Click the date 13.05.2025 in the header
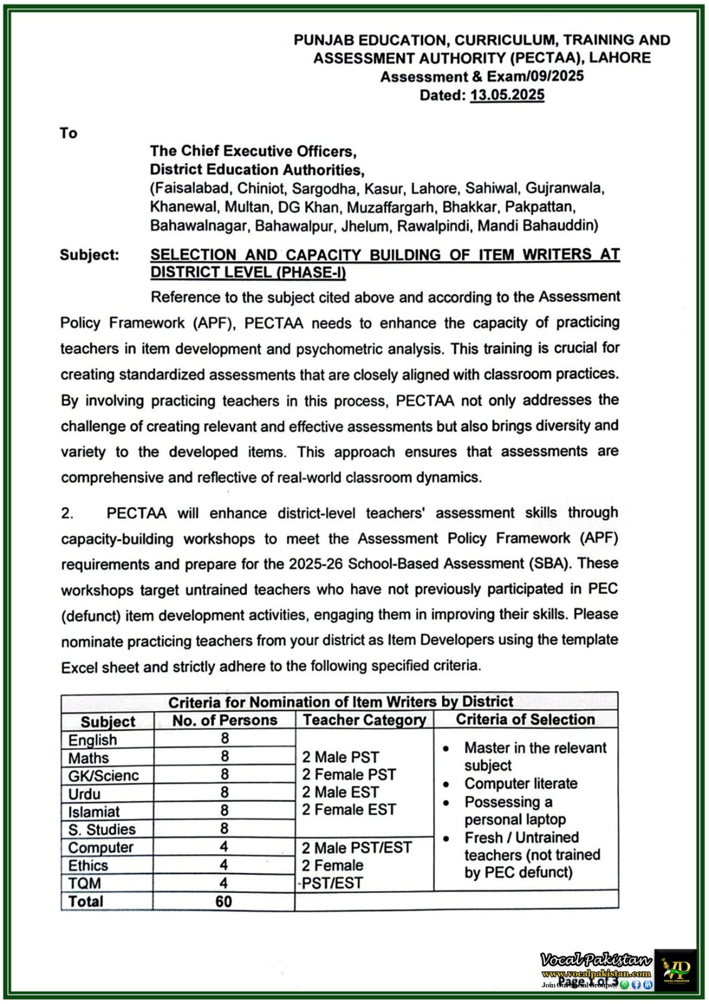point(507,95)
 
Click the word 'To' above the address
point(68,133)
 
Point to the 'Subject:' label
point(89,255)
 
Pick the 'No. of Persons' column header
point(224,720)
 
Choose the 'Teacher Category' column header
point(364,720)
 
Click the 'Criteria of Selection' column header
point(525,720)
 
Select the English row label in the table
point(93,740)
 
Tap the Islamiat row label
point(94,812)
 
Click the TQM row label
point(85,884)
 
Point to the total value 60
point(224,902)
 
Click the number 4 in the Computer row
point(224,847)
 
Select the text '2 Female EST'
point(349,810)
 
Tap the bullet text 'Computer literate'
point(520,784)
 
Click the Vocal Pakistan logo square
point(675,969)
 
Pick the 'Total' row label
point(86,902)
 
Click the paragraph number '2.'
point(67,513)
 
